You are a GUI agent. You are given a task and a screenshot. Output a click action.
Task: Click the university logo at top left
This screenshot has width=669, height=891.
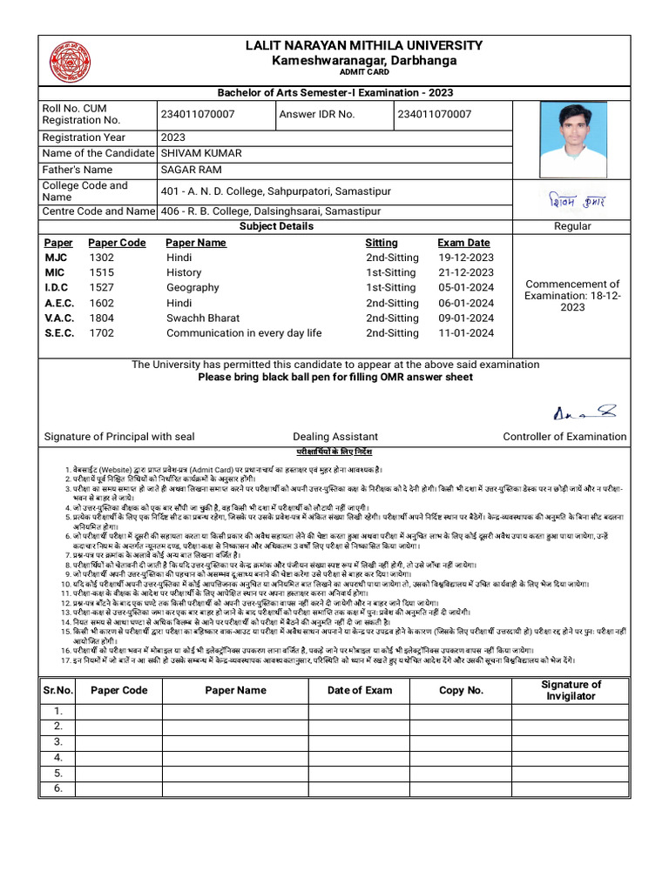pyautogui.click(x=69, y=62)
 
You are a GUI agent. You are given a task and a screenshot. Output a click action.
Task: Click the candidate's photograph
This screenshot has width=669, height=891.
pyautogui.click(x=573, y=139)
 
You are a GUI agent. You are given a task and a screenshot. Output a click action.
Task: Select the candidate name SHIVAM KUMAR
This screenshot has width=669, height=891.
pyautogui.click(x=201, y=153)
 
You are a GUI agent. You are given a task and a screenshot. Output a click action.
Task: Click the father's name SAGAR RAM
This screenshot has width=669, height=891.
pyautogui.click(x=191, y=170)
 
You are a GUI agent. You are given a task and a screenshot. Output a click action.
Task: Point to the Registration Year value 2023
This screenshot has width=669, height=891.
pyautogui.click(x=172, y=137)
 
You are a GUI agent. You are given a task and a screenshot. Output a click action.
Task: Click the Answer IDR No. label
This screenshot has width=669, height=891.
pyautogui.click(x=316, y=115)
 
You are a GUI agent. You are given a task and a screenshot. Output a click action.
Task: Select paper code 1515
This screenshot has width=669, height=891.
pyautogui.click(x=101, y=272)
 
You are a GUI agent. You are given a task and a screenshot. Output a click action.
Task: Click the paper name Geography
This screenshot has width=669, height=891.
pyautogui.click(x=193, y=287)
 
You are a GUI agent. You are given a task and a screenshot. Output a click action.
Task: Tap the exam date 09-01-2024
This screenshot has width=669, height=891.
pyautogui.click(x=465, y=318)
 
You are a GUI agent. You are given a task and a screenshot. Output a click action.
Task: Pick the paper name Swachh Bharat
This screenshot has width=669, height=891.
pyautogui.click(x=203, y=318)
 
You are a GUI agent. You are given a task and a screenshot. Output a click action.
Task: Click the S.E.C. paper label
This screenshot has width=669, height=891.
pyautogui.click(x=59, y=333)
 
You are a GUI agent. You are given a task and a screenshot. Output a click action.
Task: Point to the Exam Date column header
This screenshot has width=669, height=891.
pyautogui.click(x=463, y=243)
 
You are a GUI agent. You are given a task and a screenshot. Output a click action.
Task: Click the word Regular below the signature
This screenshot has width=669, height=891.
pyautogui.click(x=572, y=226)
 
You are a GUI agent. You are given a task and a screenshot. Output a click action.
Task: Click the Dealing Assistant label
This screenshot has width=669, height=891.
pyautogui.click(x=335, y=437)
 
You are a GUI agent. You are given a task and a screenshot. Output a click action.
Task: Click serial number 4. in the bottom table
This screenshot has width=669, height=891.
pyautogui.click(x=58, y=757)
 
